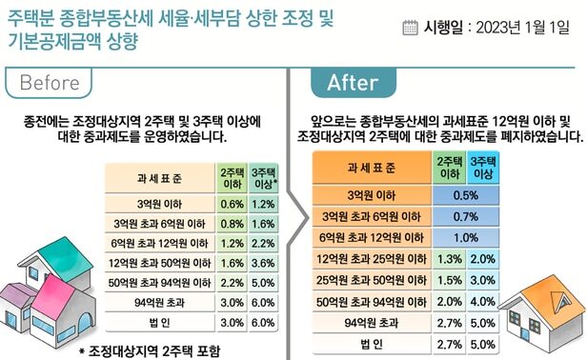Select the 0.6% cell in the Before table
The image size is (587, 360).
pos(232,204)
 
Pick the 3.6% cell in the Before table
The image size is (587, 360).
pos(264,263)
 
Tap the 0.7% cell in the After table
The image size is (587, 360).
pos(466,215)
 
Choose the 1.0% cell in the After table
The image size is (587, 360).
pos(466,237)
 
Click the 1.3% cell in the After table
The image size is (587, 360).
pos(449,258)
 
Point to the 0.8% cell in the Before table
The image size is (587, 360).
pos(232,224)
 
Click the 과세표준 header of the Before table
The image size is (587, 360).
pos(159,177)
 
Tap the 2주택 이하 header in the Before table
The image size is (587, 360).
pos(232,177)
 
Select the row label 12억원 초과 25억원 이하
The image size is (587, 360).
pos(372,258)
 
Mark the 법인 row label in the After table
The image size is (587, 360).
pos(372,343)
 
